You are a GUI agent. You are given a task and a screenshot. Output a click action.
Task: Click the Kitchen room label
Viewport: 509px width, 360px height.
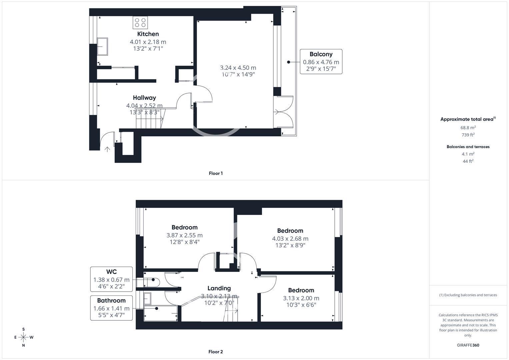[148, 34]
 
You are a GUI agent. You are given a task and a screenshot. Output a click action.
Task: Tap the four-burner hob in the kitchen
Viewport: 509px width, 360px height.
[140, 23]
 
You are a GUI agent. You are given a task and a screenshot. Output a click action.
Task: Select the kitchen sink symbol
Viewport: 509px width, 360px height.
[102, 47]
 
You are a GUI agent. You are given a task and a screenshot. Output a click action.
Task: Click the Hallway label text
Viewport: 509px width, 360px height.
[144, 98]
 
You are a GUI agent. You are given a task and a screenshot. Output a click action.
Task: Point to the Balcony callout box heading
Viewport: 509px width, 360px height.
[321, 54]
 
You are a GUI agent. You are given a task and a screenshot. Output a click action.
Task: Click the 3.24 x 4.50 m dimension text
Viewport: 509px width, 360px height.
[238, 68]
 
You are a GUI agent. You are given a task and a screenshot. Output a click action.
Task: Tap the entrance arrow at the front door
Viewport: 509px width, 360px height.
[107, 149]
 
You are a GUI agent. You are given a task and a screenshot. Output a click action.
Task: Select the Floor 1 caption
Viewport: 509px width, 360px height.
[216, 173]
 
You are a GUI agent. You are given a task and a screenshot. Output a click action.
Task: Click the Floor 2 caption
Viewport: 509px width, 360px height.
[216, 352]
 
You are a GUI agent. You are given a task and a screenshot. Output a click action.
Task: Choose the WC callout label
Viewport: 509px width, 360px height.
[111, 272]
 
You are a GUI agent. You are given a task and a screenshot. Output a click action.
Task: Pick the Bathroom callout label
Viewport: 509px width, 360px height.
[111, 300]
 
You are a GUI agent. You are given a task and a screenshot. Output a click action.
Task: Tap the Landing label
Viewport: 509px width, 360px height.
[219, 288]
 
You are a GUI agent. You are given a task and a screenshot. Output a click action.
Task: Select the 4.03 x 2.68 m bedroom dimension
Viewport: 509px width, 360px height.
[290, 239]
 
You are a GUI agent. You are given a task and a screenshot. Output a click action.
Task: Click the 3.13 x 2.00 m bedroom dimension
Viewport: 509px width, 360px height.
[301, 298]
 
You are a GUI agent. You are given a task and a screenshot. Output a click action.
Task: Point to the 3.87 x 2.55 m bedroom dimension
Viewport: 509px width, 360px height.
[185, 235]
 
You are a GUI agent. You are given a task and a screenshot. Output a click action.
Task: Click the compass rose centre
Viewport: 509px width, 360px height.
[23, 337]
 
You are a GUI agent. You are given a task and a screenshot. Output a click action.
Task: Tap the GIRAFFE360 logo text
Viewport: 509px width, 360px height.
[468, 345]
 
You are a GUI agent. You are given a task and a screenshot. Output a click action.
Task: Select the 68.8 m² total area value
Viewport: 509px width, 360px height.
[468, 127]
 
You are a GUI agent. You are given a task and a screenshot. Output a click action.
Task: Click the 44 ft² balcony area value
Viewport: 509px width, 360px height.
[468, 161]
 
